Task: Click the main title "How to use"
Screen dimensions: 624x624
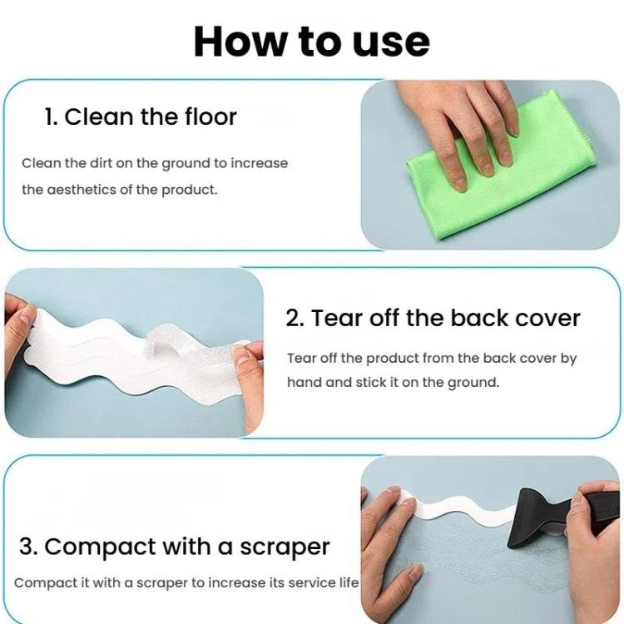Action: click(x=311, y=41)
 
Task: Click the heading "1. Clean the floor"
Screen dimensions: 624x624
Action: click(x=141, y=116)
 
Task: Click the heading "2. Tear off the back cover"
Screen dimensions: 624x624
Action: click(x=433, y=318)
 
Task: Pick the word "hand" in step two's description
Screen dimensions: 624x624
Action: click(x=304, y=383)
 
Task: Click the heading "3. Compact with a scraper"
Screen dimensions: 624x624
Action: click(x=175, y=547)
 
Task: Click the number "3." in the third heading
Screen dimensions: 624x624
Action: click(x=29, y=547)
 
